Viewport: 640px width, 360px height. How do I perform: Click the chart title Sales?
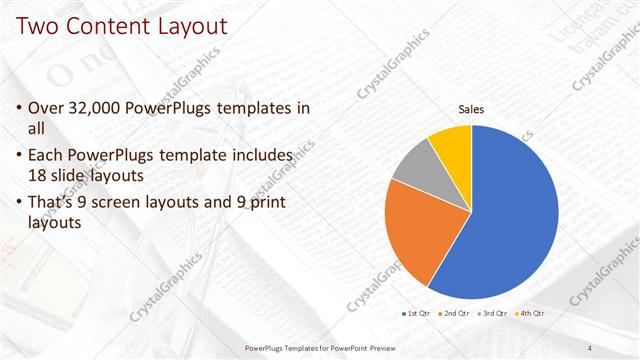471,109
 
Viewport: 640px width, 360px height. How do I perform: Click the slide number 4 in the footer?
589,347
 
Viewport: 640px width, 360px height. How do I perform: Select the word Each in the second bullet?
47,156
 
